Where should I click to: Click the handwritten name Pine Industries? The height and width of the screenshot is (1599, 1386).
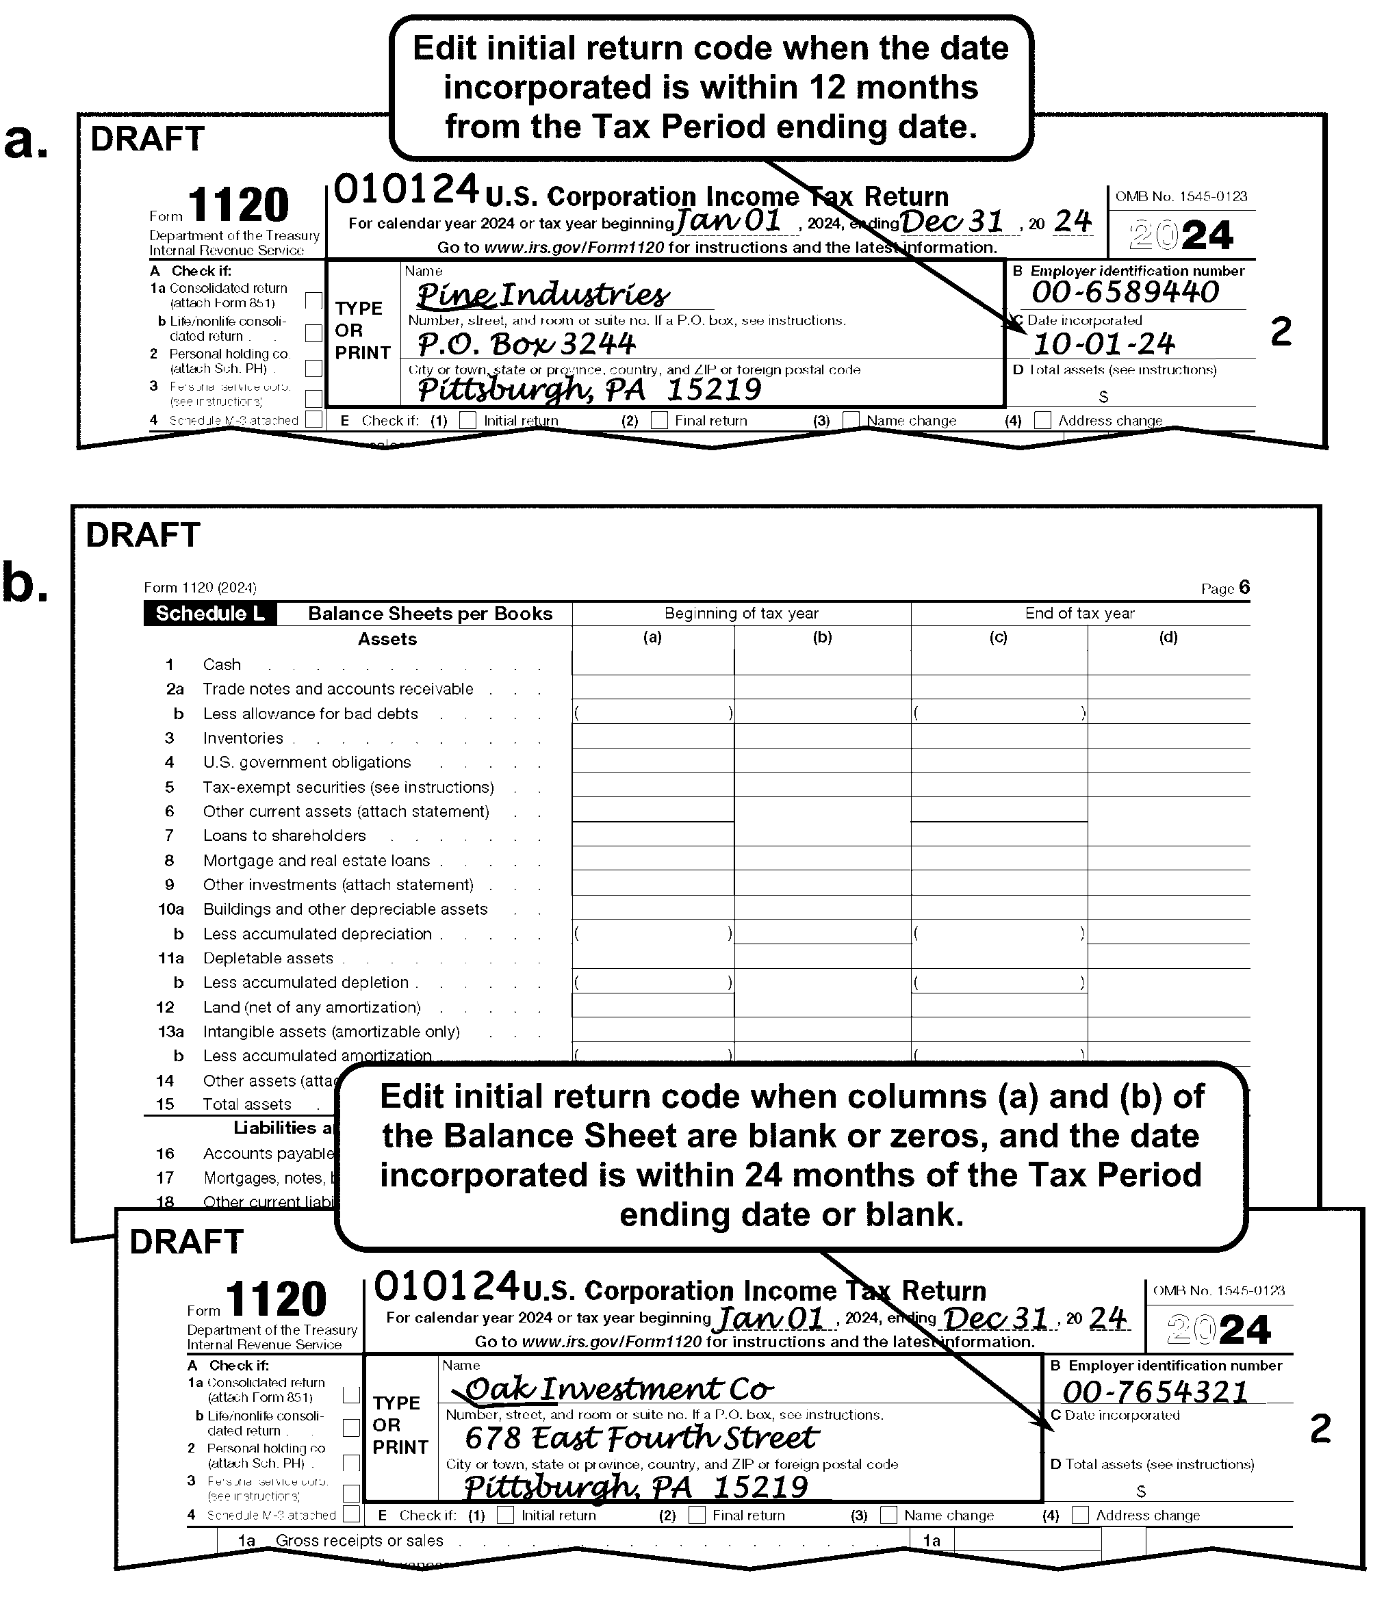tap(543, 295)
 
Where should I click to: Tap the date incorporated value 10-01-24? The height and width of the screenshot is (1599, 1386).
tap(1104, 343)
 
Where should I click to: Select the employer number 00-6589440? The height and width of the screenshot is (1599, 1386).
tap(1125, 292)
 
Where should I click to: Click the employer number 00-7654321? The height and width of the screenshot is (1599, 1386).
tap(1155, 1392)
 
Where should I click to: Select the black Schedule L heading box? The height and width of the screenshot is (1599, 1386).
tap(209, 614)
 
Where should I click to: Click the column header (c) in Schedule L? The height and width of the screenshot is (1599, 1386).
tap(999, 638)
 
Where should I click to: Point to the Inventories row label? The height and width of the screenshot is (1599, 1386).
tap(243, 738)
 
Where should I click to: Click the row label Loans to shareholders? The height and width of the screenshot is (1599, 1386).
tap(285, 836)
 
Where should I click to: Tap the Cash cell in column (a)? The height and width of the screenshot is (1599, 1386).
tap(653, 664)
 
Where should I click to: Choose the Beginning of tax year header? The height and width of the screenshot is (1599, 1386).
tap(741, 614)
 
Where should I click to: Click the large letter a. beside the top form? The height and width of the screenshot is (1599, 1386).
tap(26, 142)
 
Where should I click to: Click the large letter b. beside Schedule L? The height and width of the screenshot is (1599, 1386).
tap(25, 583)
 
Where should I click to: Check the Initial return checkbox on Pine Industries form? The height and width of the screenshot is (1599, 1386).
tap(468, 420)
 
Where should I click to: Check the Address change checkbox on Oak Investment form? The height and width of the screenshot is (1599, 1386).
tap(1081, 1515)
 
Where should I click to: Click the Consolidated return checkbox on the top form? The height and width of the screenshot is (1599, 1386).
tap(314, 300)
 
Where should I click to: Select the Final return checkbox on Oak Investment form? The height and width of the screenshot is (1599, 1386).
tap(697, 1515)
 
